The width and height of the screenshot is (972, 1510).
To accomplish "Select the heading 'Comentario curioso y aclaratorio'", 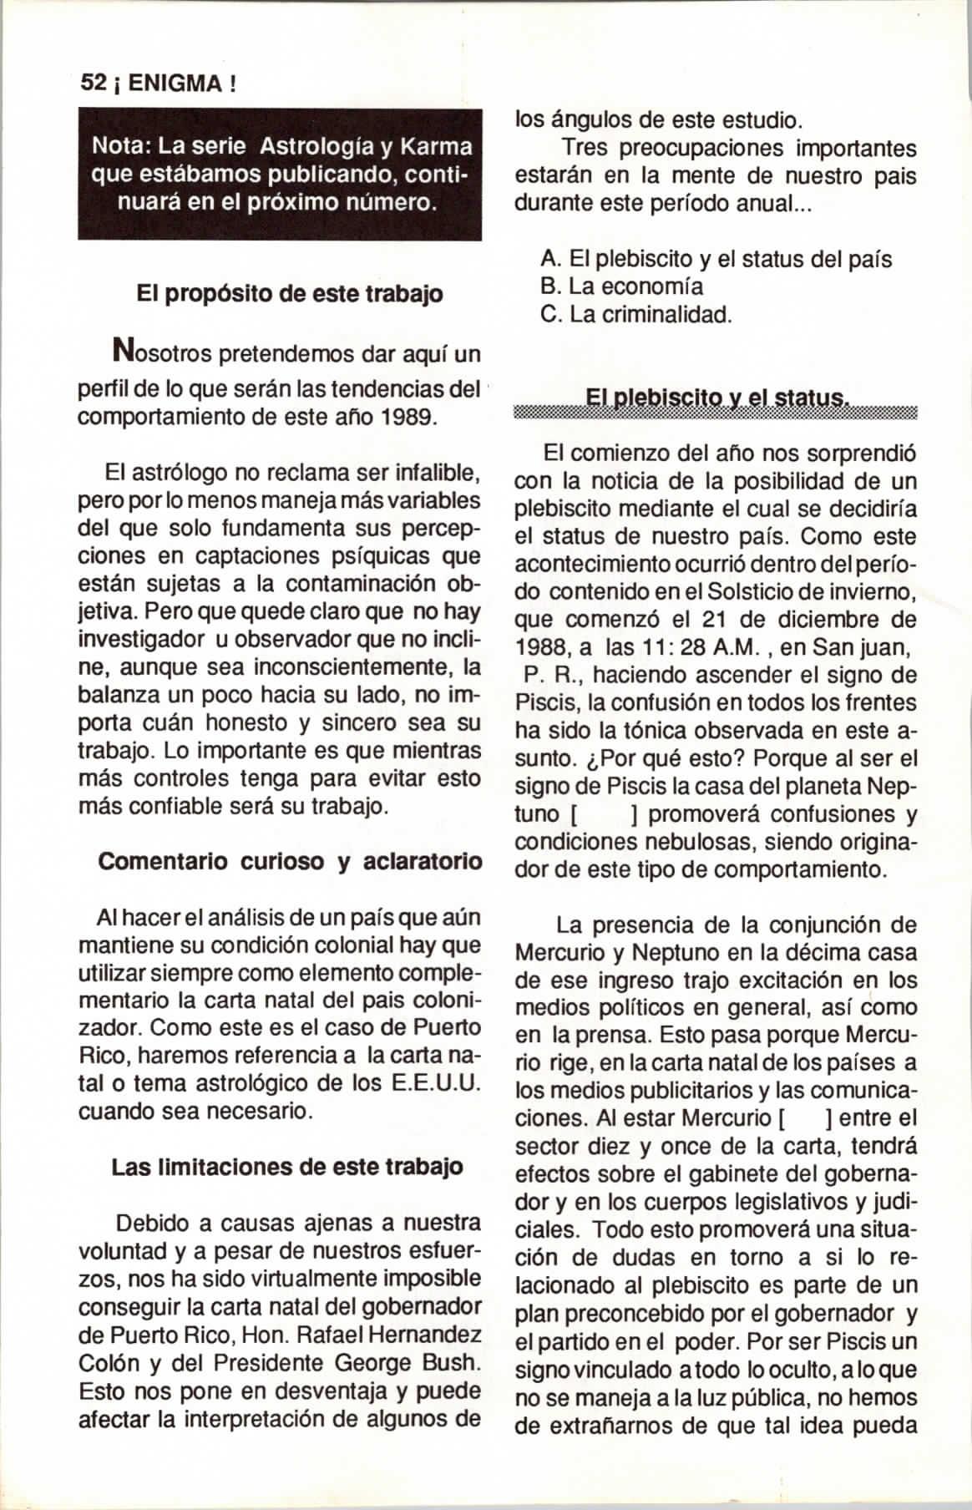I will (x=290, y=861).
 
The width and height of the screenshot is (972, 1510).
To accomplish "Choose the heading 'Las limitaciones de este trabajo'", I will (x=287, y=1166).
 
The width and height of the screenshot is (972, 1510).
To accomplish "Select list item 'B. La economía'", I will (x=622, y=286).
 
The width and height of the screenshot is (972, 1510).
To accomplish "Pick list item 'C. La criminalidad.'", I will (x=636, y=315).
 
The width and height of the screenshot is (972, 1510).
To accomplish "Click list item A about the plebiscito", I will (x=716, y=259).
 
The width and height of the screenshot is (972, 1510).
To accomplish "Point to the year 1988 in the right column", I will (x=542, y=647).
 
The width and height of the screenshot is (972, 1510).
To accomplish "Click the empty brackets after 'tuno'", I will (x=604, y=814).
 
